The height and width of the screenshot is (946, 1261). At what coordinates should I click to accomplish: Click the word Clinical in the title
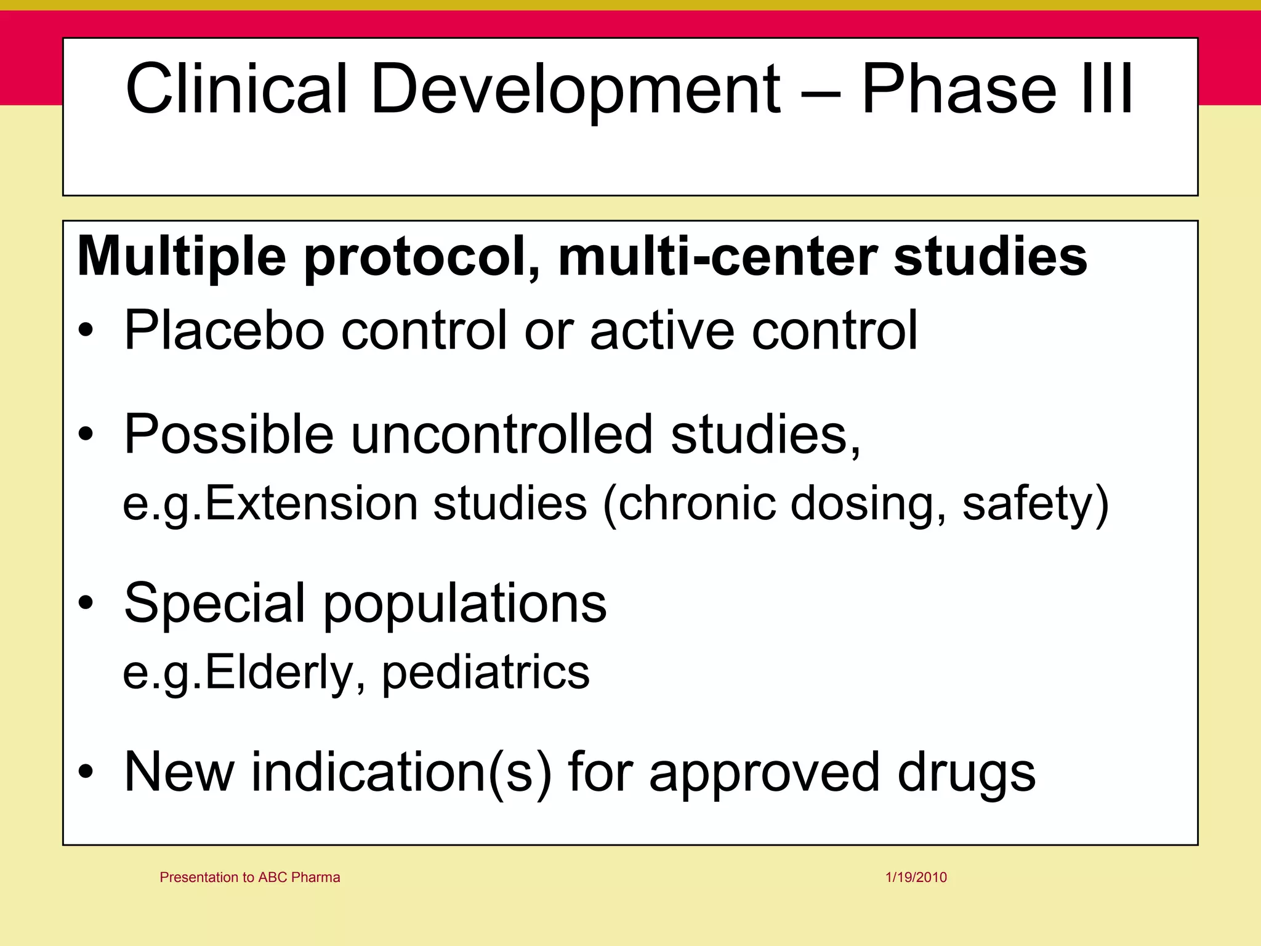tap(236, 89)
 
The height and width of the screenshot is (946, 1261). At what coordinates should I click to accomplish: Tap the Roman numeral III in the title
tap(1105, 89)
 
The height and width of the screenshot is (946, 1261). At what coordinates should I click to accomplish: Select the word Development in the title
tap(575, 89)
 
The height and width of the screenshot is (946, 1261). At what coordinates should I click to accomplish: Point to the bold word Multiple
tap(182, 257)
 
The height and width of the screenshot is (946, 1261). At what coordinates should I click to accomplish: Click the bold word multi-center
tap(717, 257)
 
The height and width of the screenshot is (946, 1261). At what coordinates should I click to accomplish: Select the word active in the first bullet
tap(662, 331)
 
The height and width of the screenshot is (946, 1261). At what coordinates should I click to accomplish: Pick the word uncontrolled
tap(502, 434)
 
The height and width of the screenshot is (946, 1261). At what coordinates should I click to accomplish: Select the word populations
tap(465, 603)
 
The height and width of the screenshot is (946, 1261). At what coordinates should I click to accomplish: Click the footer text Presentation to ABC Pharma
tap(249, 877)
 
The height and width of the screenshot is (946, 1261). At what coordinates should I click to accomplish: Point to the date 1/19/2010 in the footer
tap(916, 877)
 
